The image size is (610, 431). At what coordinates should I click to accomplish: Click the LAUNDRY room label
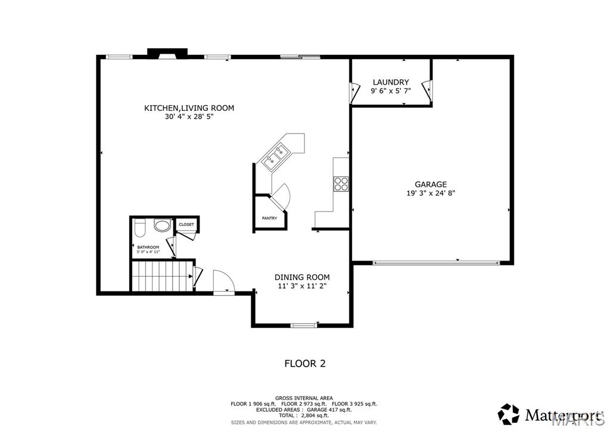pyautogui.click(x=391, y=82)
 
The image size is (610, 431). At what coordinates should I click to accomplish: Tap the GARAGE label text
pyautogui.click(x=431, y=184)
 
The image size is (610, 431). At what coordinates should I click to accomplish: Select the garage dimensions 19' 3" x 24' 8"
pyautogui.click(x=431, y=193)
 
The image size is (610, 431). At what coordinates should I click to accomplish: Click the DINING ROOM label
pyautogui.click(x=302, y=277)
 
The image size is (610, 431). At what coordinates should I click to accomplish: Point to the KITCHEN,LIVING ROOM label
pyautogui.click(x=189, y=108)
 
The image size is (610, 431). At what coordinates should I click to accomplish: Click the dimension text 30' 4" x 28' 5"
pyautogui.click(x=189, y=117)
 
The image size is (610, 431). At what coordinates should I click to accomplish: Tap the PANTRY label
pyautogui.click(x=269, y=218)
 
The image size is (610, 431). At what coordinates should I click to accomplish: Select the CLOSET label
pyautogui.click(x=186, y=225)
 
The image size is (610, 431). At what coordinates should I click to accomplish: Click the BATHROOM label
pyautogui.click(x=148, y=247)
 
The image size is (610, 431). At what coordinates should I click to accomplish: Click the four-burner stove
pyautogui.click(x=341, y=184)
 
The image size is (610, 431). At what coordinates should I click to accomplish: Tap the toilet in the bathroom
pyautogui.click(x=140, y=228)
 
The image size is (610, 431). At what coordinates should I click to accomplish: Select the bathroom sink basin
pyautogui.click(x=161, y=226)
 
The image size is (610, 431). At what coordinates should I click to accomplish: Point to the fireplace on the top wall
pyautogui.click(x=167, y=54)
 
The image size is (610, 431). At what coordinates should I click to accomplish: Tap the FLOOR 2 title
pyautogui.click(x=304, y=363)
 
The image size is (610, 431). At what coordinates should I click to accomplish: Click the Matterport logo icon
pyautogui.click(x=509, y=414)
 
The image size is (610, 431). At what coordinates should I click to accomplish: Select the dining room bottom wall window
pyautogui.click(x=304, y=325)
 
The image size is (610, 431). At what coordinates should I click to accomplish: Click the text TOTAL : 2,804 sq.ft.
pyautogui.click(x=304, y=415)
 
